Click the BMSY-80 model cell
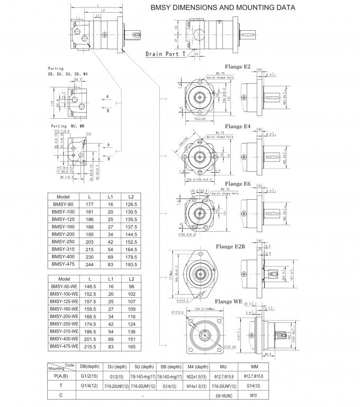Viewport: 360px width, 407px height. point(64,205)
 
